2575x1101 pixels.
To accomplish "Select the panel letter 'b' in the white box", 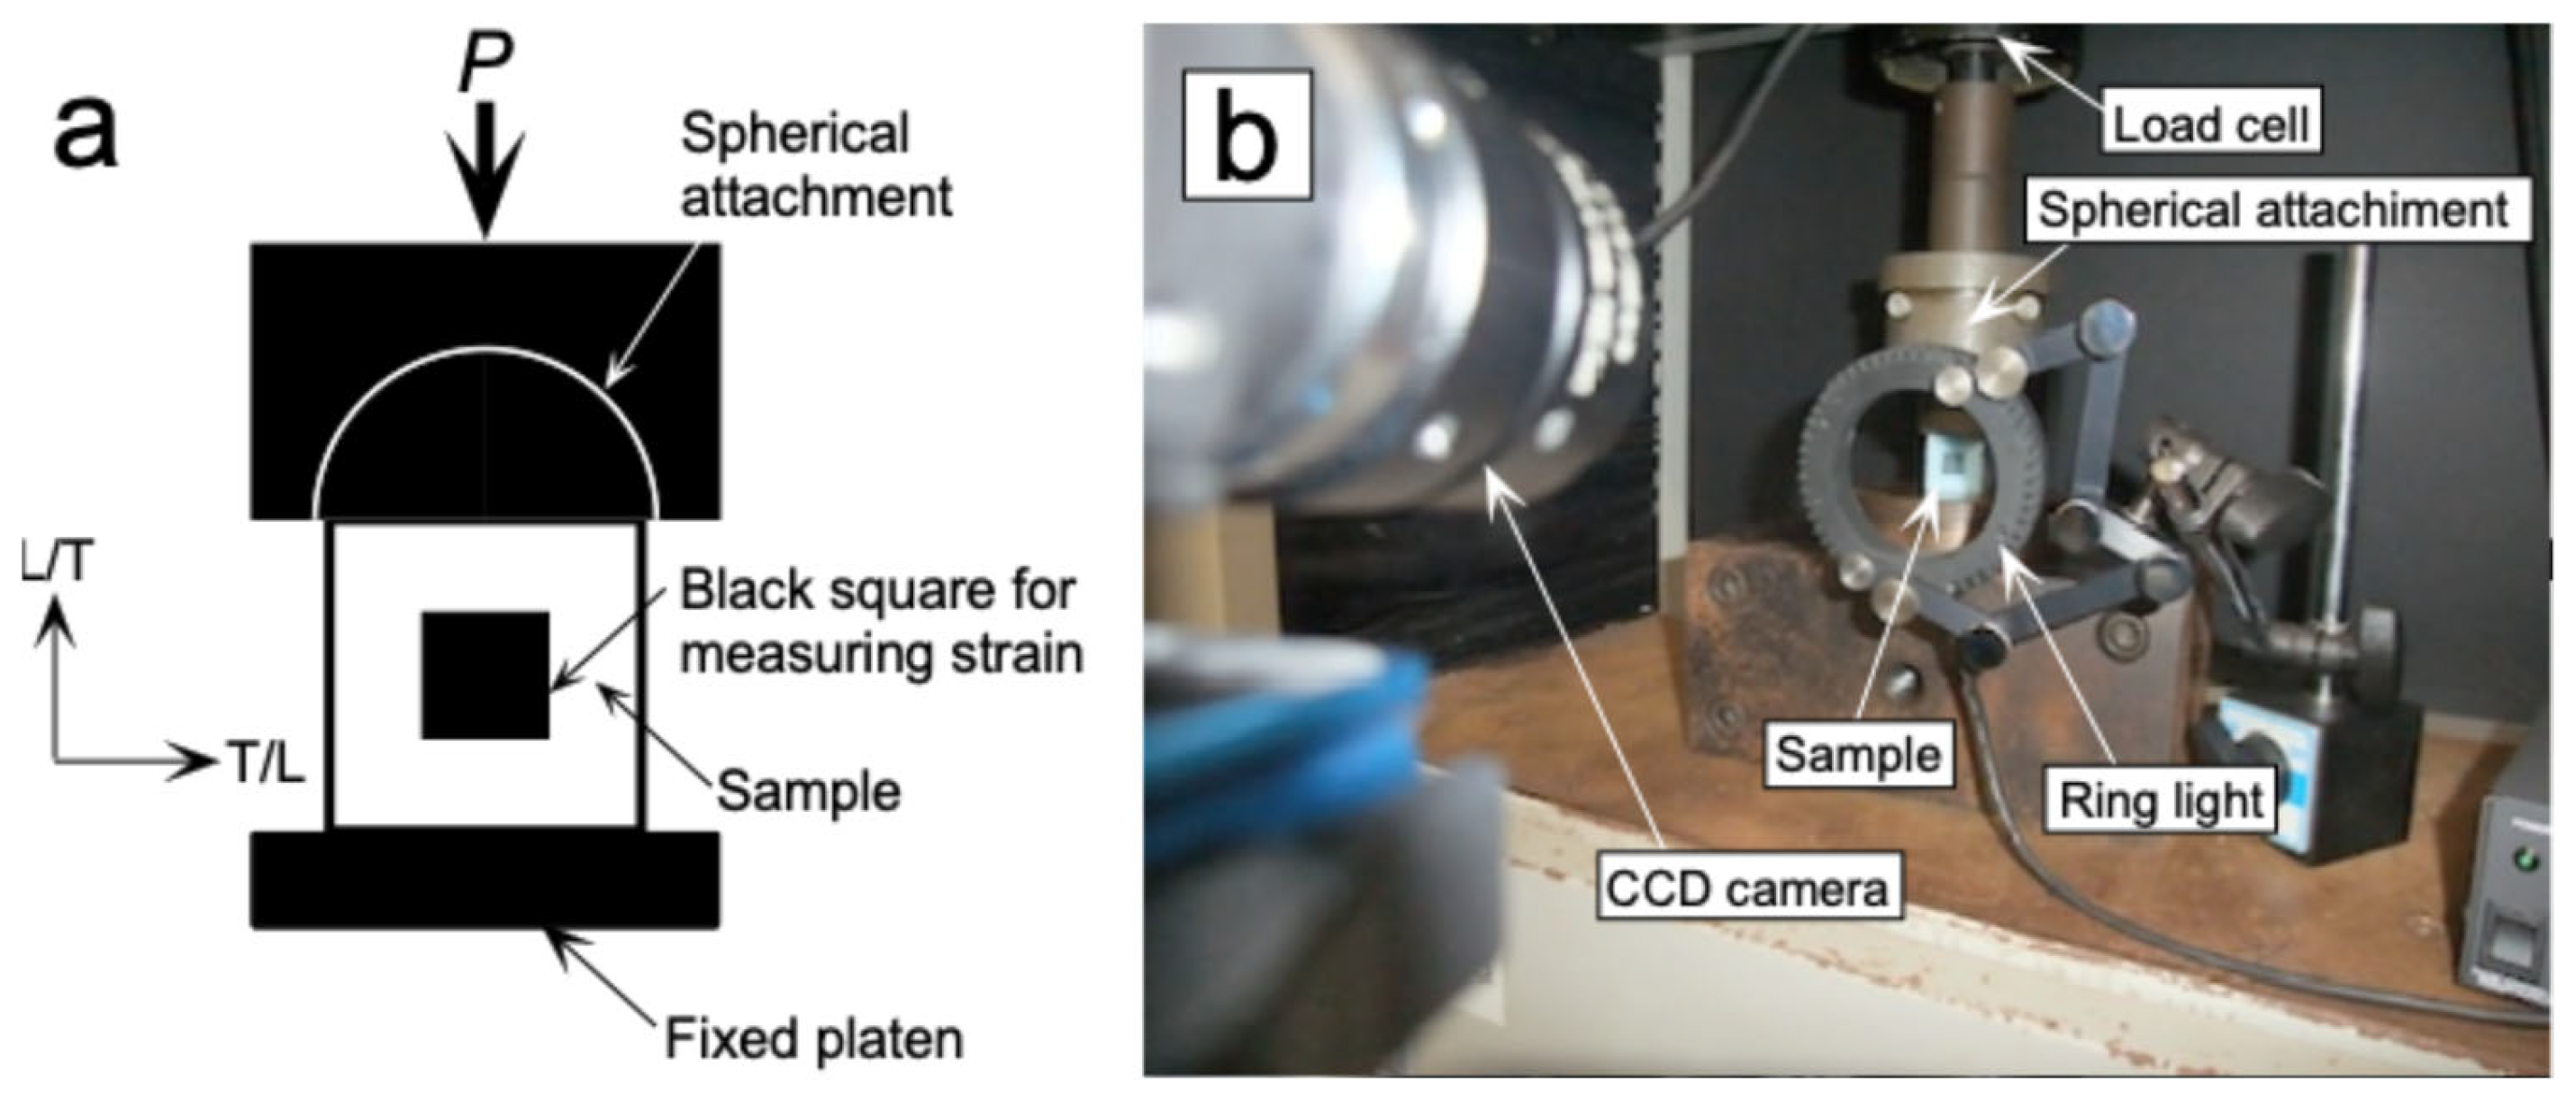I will tap(1247, 135).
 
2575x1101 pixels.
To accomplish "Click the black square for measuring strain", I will tap(485, 675).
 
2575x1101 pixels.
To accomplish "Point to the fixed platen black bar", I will tap(485, 880).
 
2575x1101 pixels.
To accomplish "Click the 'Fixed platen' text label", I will tap(813, 1040).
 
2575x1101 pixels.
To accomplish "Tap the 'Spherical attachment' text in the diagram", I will tap(815, 166).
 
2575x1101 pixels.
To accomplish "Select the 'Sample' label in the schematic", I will tap(809, 792).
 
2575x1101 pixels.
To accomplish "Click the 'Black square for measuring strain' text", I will tap(880, 622).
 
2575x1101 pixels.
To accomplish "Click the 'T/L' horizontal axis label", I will tap(266, 764).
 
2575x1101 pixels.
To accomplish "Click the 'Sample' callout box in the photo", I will tap(1857, 755).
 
